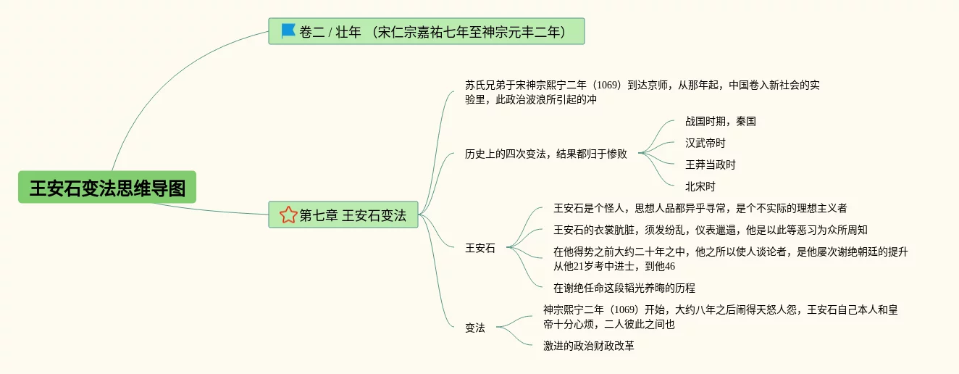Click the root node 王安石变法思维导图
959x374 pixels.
(x=107, y=188)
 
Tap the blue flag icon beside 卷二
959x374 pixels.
(x=288, y=30)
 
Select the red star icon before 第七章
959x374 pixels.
(x=288, y=215)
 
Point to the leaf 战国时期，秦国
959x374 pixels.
(x=720, y=121)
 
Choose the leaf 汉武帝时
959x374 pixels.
(x=705, y=143)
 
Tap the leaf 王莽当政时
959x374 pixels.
(x=710, y=165)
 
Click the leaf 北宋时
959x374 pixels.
(x=700, y=186)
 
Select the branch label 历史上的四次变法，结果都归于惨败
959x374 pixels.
(x=546, y=154)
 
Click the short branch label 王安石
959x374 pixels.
(x=480, y=248)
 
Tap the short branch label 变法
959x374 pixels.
(x=475, y=328)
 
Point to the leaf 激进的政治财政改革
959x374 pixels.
(x=589, y=346)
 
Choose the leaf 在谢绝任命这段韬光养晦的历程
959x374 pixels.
(x=624, y=288)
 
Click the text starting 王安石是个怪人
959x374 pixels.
(x=700, y=208)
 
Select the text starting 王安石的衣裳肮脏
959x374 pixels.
(x=710, y=230)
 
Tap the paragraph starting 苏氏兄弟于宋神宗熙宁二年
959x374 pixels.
(x=642, y=92)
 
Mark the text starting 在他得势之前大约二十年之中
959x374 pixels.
(x=730, y=259)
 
